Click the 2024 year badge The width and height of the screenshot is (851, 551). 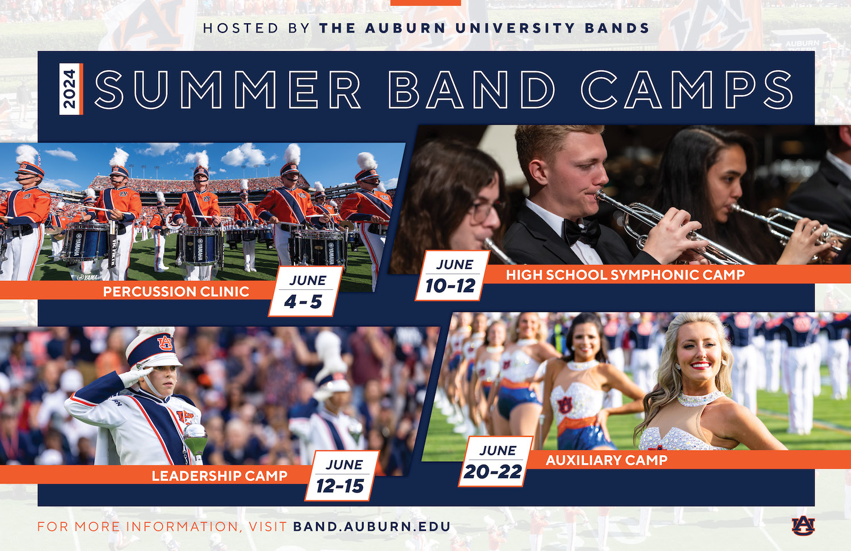coord(71,89)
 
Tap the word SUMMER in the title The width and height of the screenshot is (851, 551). coord(228,90)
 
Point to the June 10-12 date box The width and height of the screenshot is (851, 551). coord(453,276)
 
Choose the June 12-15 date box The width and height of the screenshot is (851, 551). coord(342,476)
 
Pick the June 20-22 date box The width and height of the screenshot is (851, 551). coord(496,461)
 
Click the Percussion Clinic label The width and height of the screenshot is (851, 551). coord(176,292)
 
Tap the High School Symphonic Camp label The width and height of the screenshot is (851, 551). coord(625,275)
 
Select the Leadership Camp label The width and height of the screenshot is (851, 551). coord(220,476)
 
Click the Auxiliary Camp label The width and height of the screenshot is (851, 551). coord(606,460)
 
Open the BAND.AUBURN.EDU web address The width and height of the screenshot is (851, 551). coord(372,527)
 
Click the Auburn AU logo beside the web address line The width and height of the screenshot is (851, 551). coord(803,526)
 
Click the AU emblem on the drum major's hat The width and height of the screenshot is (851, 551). coord(165,343)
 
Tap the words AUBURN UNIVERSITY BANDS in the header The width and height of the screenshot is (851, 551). coord(484,28)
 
